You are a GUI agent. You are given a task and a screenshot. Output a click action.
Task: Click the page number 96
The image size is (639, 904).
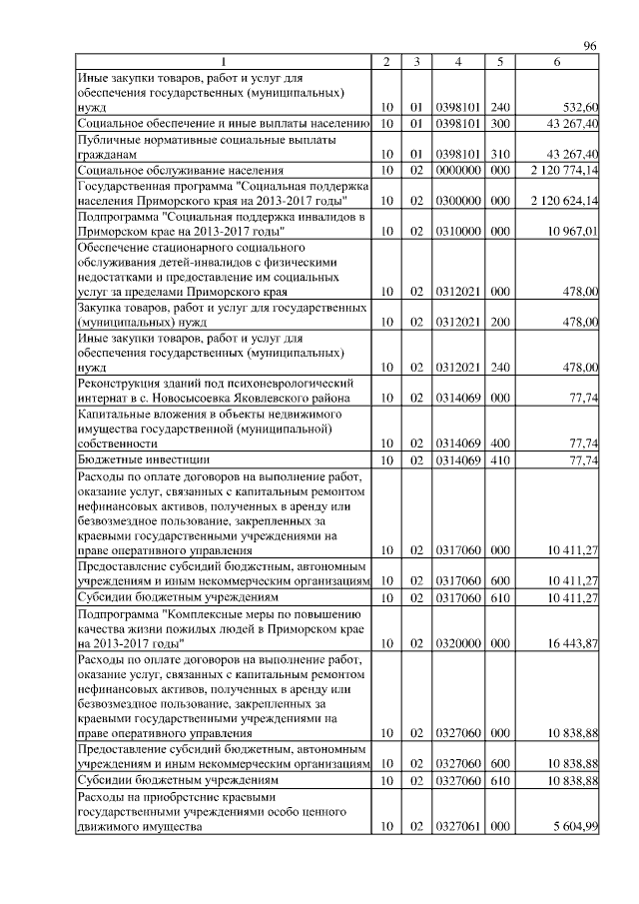pos(589,47)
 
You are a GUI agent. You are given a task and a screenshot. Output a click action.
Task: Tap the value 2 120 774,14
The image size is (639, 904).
pos(558,171)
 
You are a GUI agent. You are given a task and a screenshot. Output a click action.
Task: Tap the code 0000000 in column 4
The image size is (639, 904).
pos(458,171)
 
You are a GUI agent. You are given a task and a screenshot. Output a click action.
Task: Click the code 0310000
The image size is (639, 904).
pos(458,231)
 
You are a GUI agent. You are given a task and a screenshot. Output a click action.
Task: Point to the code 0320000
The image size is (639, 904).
pos(458,644)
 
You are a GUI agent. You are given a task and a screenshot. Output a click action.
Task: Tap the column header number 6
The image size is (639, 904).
pos(557,63)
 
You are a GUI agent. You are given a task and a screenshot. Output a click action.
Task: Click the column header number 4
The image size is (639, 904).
pos(458,63)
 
